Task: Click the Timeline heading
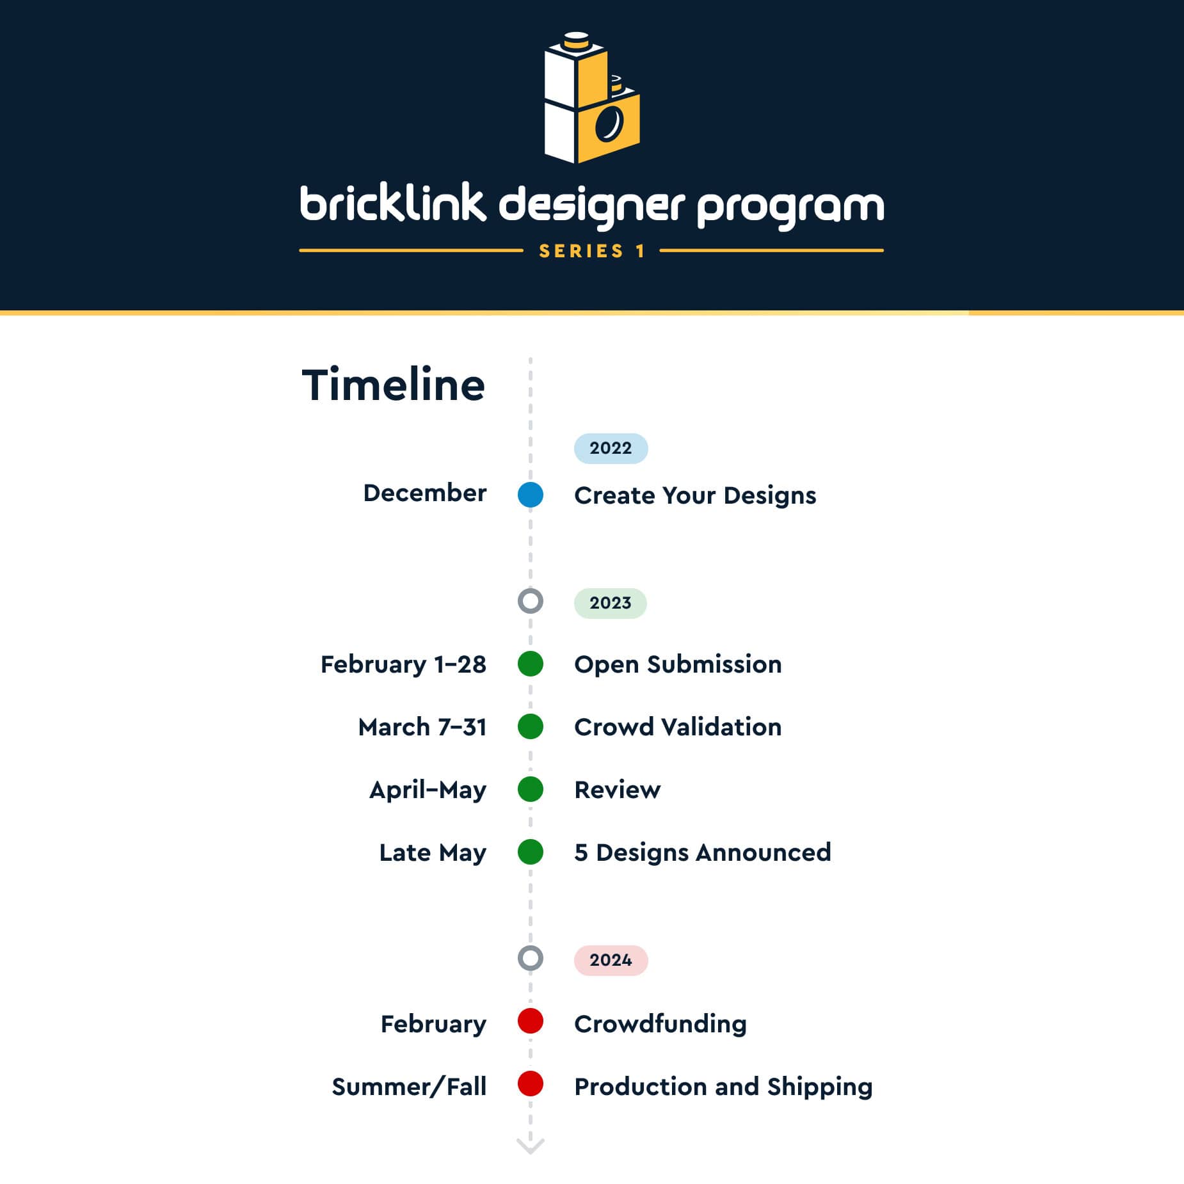pos(393,385)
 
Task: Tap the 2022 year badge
pos(611,448)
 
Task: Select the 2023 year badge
pos(610,603)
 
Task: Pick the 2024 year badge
pos(611,960)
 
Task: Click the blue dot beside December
pos(531,495)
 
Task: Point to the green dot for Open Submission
pos(531,664)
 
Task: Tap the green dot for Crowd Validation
pos(531,726)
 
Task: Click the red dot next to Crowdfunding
pos(531,1021)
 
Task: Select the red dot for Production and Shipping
pos(531,1084)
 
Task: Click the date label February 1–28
pos(403,664)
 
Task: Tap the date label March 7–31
pos(422,727)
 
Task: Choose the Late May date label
pos(433,853)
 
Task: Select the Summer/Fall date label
pos(409,1087)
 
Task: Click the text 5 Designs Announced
pos(703,852)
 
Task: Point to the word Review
pos(618,790)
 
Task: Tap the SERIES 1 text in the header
pos(592,251)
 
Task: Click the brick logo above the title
pos(592,97)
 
